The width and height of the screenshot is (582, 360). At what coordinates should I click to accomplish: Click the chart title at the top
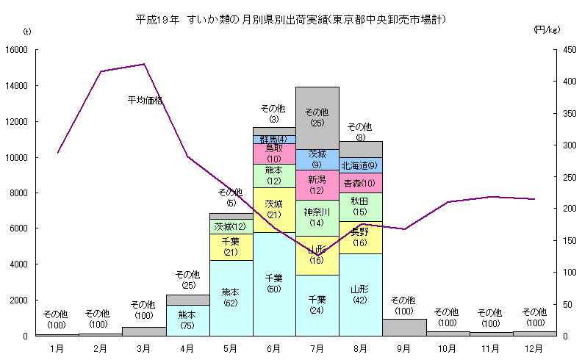pos(291,18)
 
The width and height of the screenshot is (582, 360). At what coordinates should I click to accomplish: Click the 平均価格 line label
pos(145,99)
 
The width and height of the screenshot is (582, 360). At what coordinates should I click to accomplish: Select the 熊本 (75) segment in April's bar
pos(187,320)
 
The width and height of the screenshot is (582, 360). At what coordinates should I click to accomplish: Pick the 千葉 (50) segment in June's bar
pos(274,284)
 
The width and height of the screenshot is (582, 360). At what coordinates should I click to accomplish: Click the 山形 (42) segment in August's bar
pos(360,295)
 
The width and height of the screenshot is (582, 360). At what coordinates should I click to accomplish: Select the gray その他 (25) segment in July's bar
pos(317,118)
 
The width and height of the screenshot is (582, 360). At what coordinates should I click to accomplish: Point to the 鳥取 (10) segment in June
pos(274,154)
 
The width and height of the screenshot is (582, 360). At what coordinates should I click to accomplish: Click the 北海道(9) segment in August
pos(360,165)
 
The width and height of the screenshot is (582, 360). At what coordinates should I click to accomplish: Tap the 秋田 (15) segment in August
pos(360,206)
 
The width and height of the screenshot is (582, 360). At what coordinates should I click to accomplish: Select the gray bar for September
pos(403,327)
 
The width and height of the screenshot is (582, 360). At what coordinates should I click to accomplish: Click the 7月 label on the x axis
pos(317,347)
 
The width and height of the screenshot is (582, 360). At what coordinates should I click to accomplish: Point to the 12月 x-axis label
pos(533,347)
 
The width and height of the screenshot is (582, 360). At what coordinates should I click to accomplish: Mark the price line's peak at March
pos(144,64)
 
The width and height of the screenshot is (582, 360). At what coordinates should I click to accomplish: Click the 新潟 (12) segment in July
pos(317,185)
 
